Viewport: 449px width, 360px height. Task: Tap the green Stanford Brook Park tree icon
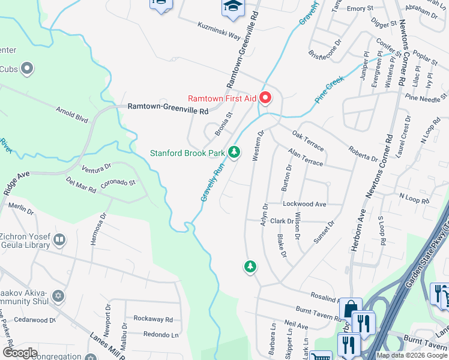tap(235, 153)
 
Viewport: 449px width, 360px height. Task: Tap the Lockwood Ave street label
tap(304, 204)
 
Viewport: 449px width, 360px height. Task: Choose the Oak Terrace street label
tap(308, 140)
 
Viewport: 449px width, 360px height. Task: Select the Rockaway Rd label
tap(153, 319)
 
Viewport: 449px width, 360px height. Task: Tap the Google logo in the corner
tap(20, 352)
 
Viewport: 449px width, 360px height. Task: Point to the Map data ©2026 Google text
tap(412, 355)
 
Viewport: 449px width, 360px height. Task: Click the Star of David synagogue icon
tap(58, 296)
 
